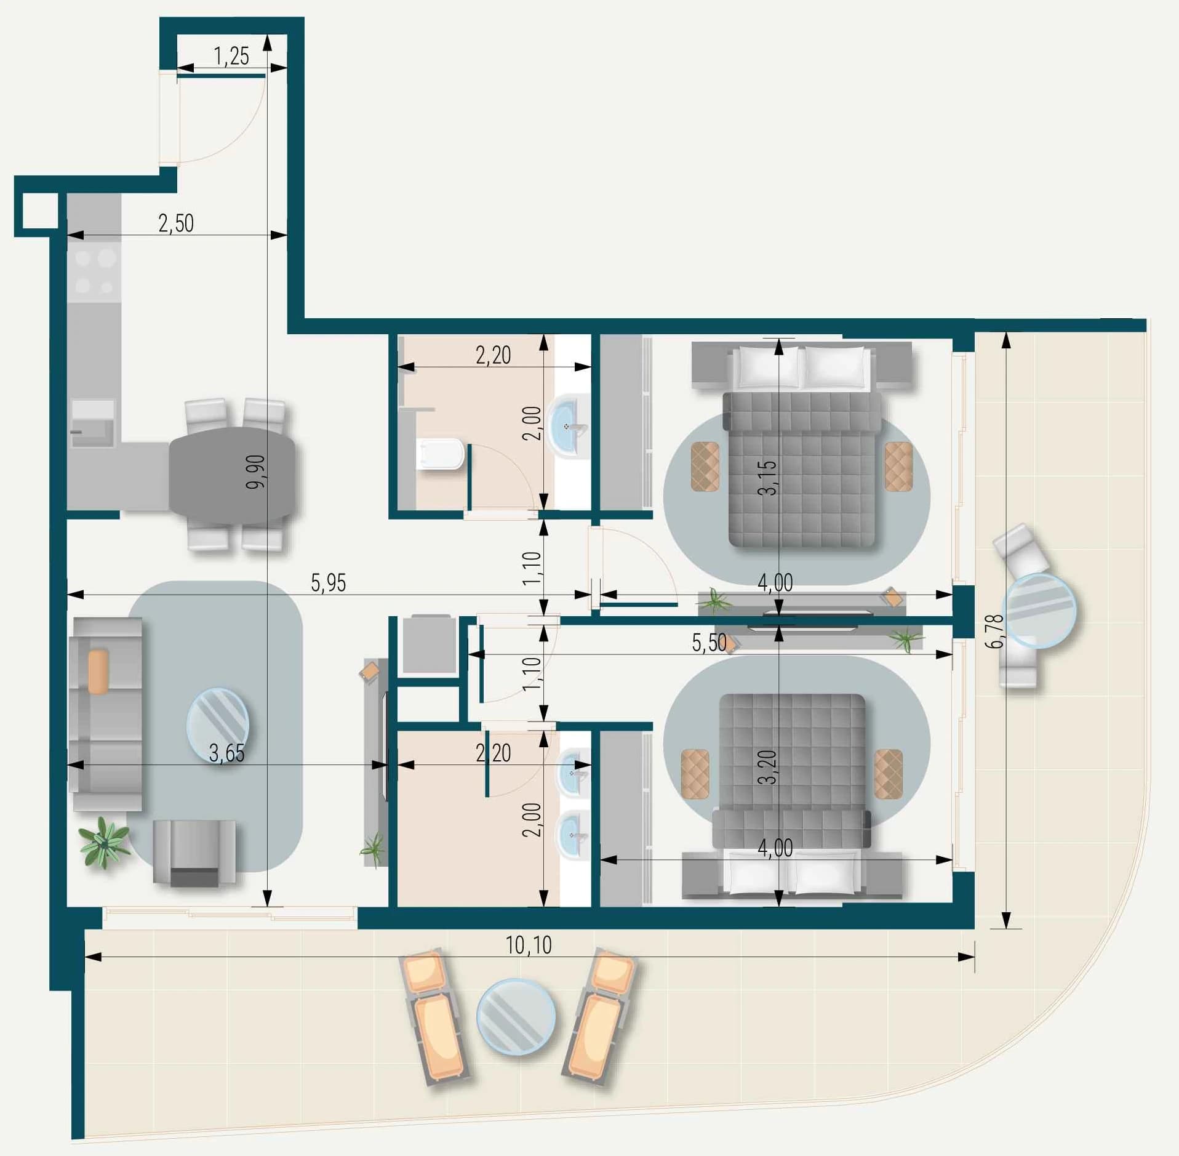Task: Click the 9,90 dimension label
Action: click(255, 472)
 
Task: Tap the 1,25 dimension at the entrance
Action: click(231, 56)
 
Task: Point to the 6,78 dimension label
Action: click(994, 632)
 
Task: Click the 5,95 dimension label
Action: click(329, 582)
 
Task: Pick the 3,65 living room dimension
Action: click(227, 753)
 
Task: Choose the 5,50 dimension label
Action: click(709, 643)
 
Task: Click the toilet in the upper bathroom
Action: click(439, 454)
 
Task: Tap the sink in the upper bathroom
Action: click(568, 427)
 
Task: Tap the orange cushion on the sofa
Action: click(98, 672)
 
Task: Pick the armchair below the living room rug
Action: click(194, 853)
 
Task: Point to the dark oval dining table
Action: click(233, 476)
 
